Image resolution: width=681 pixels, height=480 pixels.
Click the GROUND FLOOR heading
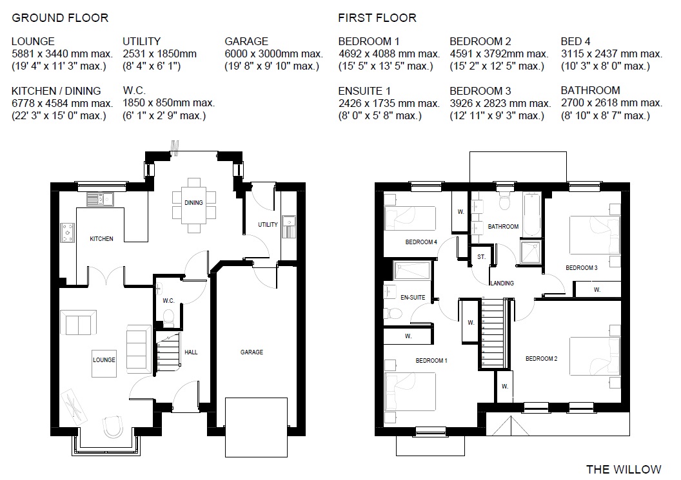pyautogui.click(x=60, y=18)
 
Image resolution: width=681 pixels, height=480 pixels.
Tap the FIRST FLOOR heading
pyautogui.click(x=377, y=18)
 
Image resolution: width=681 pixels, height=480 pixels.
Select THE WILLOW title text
pyautogui.click(x=624, y=469)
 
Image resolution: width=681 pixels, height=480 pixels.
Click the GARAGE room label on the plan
pyautogui.click(x=252, y=352)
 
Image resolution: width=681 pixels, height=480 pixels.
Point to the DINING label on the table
pyautogui.click(x=193, y=203)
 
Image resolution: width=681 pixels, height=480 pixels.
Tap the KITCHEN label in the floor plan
pyautogui.click(x=102, y=238)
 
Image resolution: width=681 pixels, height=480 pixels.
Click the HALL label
pyautogui.click(x=191, y=352)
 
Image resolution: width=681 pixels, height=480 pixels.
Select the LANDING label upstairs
pyautogui.click(x=502, y=283)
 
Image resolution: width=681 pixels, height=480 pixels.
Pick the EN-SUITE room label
pyautogui.click(x=413, y=297)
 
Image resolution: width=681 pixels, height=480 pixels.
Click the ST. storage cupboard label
pyautogui.click(x=481, y=257)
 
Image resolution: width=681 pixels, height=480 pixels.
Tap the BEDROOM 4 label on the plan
pyautogui.click(x=421, y=242)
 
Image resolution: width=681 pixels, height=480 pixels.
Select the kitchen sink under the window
pyautogui.click(x=100, y=199)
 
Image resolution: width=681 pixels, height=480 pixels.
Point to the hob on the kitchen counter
pyautogui.click(x=67, y=233)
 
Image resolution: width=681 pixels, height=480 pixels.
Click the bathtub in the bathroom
pyautogui.click(x=531, y=215)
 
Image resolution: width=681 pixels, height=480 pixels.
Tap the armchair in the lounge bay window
pyautogui.click(x=113, y=427)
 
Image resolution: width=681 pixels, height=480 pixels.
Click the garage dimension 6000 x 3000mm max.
pyautogui.click(x=274, y=54)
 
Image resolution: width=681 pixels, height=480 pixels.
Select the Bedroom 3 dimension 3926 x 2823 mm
pyautogui.click(x=500, y=103)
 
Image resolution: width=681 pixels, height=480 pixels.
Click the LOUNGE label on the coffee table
pyautogui.click(x=104, y=360)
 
